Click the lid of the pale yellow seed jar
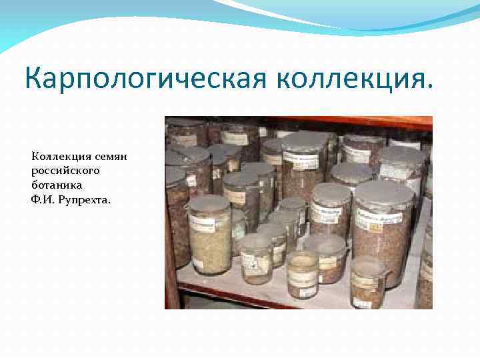[x=210, y=201]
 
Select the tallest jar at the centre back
[x=304, y=173]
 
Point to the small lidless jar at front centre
[x=302, y=273]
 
